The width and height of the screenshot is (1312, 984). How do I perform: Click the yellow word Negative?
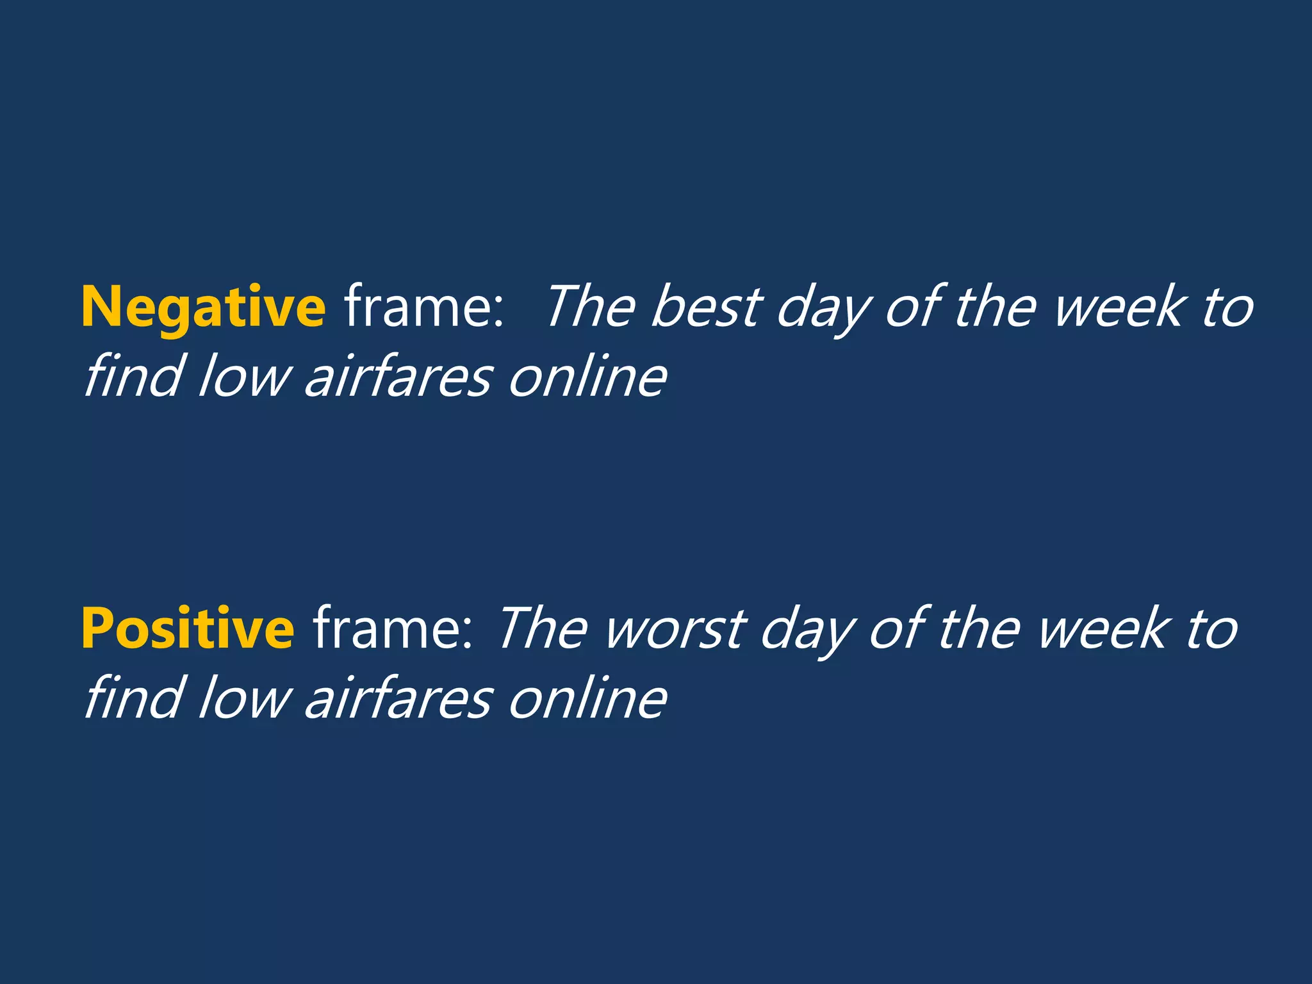pyautogui.click(x=203, y=307)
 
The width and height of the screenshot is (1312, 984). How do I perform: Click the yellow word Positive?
pyautogui.click(x=188, y=629)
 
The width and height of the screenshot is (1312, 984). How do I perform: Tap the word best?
pyautogui.click(x=706, y=307)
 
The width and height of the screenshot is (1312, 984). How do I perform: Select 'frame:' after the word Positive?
pyautogui.click(x=393, y=629)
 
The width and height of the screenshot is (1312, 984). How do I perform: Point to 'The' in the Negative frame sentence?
pyautogui.click(x=590, y=307)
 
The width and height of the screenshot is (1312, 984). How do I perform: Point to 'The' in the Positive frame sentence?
pyautogui.click(x=542, y=629)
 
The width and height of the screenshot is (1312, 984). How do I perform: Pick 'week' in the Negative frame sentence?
pyautogui.click(x=1118, y=307)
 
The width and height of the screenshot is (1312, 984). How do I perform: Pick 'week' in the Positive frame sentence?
pyautogui.click(x=1102, y=629)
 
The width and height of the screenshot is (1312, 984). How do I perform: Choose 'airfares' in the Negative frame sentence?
pyautogui.click(x=398, y=377)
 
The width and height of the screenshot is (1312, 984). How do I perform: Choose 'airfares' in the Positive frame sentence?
pyautogui.click(x=398, y=698)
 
